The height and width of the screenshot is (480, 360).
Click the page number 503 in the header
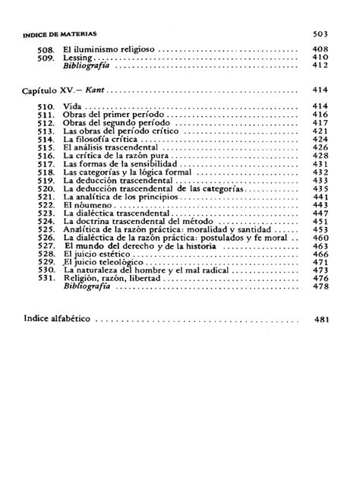pyautogui.click(x=319, y=34)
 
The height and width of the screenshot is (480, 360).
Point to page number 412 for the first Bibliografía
pyautogui.click(x=319, y=66)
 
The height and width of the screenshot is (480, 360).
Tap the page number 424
pyautogui.click(x=319, y=140)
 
